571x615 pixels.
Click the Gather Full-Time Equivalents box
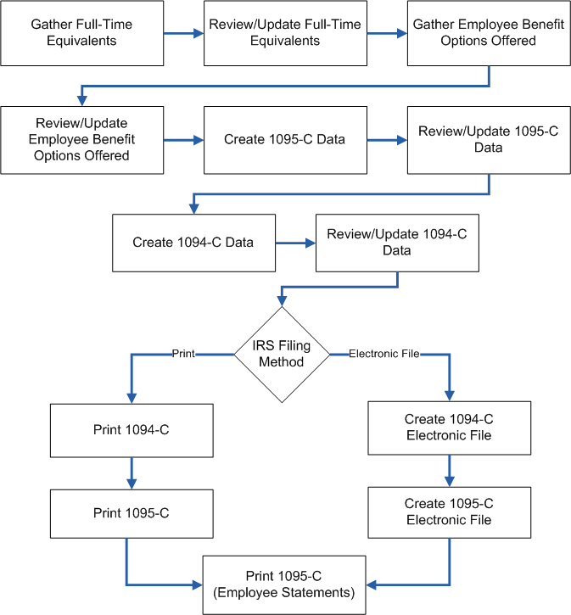pos(82,33)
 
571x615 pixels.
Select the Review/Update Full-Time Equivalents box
pos(285,33)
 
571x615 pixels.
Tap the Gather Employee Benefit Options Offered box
pos(489,33)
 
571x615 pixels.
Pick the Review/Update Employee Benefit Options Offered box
pos(82,140)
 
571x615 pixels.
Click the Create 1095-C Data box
pos(285,140)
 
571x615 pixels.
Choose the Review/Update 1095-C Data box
pos(489,140)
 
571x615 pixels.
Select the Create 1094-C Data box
pos(193,243)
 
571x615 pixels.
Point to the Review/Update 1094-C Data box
pos(397,243)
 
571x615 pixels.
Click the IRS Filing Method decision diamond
pos(282,354)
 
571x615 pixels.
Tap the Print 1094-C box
pos(132,430)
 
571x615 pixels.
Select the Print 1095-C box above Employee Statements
pos(132,513)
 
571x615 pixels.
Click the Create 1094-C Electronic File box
pos(449,428)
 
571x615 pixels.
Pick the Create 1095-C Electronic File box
pos(449,512)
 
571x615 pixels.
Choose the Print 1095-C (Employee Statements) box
pos(284,584)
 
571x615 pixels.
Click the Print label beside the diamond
pos(183,353)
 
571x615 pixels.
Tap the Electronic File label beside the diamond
pos(383,353)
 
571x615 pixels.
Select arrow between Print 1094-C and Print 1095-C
pos(132,472)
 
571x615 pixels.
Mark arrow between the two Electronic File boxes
pos(449,470)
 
